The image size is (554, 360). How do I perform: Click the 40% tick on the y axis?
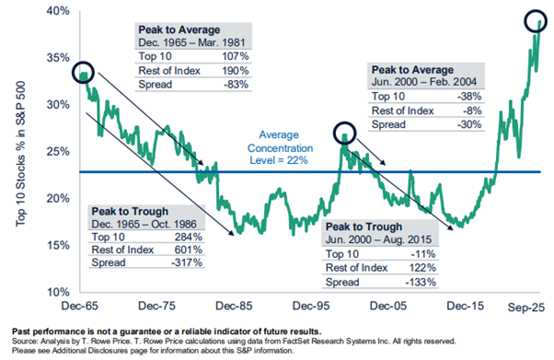[57, 10]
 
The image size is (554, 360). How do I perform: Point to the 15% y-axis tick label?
[57, 244]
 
